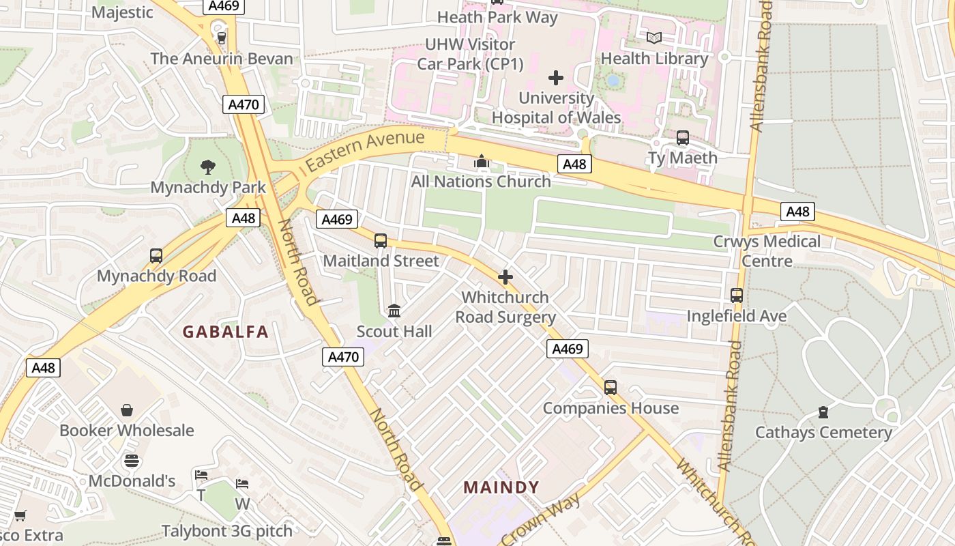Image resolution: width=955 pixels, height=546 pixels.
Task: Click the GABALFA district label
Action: (225, 332)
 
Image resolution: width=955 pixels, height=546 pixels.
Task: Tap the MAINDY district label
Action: (501, 488)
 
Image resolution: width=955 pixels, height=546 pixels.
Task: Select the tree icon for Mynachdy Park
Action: (208, 167)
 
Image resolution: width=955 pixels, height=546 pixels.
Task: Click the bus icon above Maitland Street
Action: (381, 241)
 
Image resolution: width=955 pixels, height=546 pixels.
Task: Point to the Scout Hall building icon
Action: (394, 311)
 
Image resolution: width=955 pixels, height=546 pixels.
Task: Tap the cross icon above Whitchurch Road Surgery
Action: (505, 277)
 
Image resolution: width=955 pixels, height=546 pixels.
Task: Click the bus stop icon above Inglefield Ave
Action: (737, 296)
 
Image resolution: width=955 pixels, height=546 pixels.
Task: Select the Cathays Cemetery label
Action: (823, 432)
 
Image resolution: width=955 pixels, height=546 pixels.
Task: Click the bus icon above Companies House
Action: (611, 388)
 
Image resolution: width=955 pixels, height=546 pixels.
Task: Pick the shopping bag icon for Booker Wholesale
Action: (127, 410)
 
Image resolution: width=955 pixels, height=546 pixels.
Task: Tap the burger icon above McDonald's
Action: (132, 461)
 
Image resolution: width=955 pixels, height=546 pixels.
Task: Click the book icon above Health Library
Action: (654, 38)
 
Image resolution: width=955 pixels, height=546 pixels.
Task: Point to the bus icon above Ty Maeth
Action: (683, 138)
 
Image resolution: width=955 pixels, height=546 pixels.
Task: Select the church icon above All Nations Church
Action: (482, 162)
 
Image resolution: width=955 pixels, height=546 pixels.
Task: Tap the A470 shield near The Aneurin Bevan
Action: (243, 104)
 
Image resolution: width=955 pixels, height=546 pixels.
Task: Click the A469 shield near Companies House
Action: (567, 349)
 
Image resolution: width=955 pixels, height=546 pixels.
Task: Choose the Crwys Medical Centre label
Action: (767, 251)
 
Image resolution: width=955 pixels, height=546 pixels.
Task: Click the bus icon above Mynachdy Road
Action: (156, 256)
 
